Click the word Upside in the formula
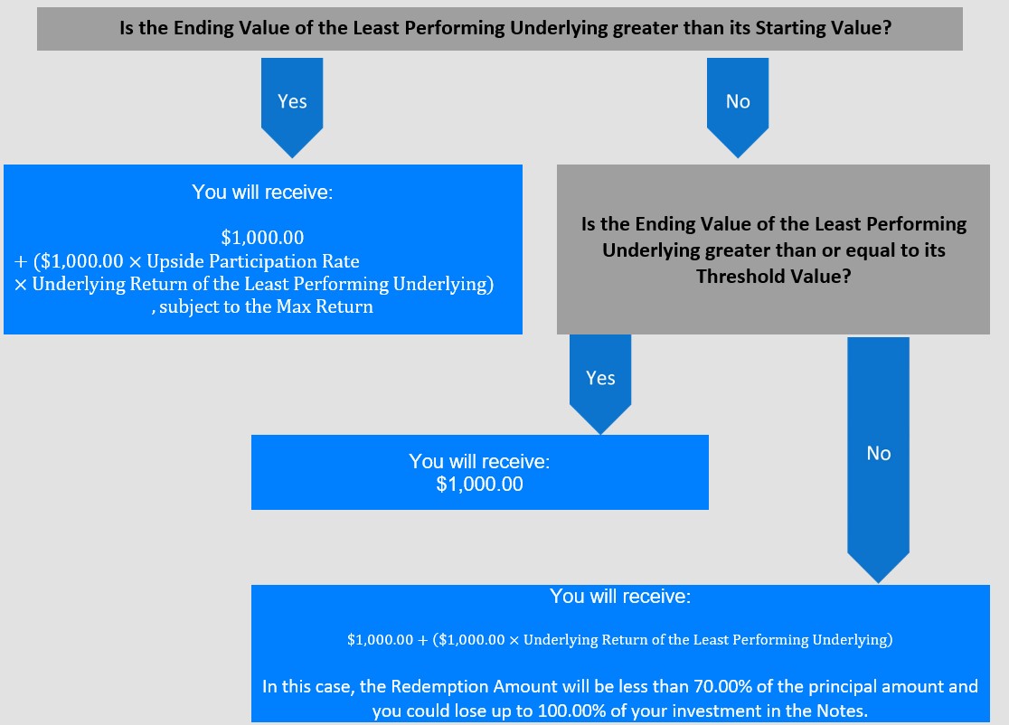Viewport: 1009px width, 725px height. (x=175, y=261)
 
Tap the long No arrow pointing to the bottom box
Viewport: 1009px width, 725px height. (x=879, y=460)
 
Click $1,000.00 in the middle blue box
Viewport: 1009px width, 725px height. (x=479, y=485)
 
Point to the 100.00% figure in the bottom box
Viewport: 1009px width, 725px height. (x=571, y=711)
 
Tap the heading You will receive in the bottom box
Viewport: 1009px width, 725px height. (x=620, y=597)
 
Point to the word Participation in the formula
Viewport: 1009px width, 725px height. (x=263, y=261)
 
